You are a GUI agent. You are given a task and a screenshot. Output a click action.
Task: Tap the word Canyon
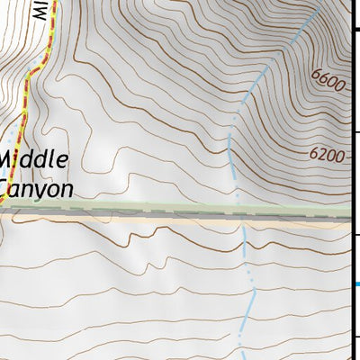36,189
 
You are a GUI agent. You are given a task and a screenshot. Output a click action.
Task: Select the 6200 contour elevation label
326,155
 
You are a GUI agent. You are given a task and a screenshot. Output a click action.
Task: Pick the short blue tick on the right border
356,285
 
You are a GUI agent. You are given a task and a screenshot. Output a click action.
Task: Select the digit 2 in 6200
321,155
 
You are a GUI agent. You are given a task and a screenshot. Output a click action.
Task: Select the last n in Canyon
66,189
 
